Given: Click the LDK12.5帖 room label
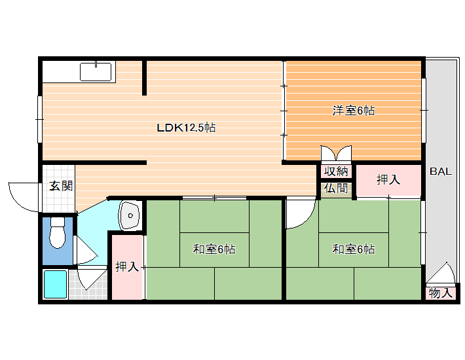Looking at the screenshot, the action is click(186, 128).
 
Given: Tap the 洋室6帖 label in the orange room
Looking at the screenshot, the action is click(353, 111).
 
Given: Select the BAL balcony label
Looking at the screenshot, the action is click(441, 171).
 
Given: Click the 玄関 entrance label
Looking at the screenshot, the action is click(61, 186).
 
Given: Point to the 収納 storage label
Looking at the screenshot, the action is click(336, 171).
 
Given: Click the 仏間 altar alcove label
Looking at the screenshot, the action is click(336, 188).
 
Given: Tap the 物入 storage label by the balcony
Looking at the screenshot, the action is click(441, 293).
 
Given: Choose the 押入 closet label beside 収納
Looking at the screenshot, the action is click(388, 179).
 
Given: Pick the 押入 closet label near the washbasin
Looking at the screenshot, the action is click(127, 266).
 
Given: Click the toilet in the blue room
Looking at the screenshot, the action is click(58, 232).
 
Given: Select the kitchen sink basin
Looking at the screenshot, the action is click(96, 72).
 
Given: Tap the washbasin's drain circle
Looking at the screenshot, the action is click(130, 216).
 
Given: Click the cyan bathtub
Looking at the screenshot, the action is click(56, 284).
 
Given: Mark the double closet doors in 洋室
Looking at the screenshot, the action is click(336, 153).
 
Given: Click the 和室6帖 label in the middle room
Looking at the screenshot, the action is click(214, 249).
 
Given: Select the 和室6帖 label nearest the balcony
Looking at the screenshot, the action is click(353, 249).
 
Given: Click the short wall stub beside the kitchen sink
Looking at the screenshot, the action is click(144, 78).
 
